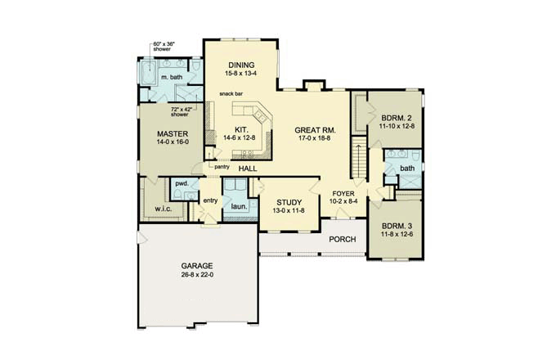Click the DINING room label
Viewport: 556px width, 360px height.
[x=241, y=65]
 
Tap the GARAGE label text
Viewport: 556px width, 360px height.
[x=197, y=266]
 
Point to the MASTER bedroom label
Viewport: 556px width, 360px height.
[x=173, y=134]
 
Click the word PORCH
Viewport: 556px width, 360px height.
[x=342, y=240]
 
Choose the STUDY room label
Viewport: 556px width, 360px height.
[x=289, y=203]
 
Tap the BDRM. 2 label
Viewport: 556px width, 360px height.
[x=397, y=118]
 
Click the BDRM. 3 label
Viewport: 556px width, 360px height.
[x=397, y=227]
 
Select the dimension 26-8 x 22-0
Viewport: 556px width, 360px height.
[x=197, y=275]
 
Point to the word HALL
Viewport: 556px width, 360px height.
[x=248, y=169]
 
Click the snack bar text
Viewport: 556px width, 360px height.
[x=231, y=93]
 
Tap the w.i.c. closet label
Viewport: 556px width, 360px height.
[x=163, y=209]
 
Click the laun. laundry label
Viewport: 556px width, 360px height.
[x=239, y=206]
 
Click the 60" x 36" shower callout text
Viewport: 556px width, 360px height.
[x=164, y=47]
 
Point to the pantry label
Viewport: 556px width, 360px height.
[x=222, y=167]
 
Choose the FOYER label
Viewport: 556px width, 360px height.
[x=343, y=194]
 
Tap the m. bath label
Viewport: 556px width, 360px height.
[x=172, y=77]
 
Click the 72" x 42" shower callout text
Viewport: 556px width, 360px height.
[x=182, y=112]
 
